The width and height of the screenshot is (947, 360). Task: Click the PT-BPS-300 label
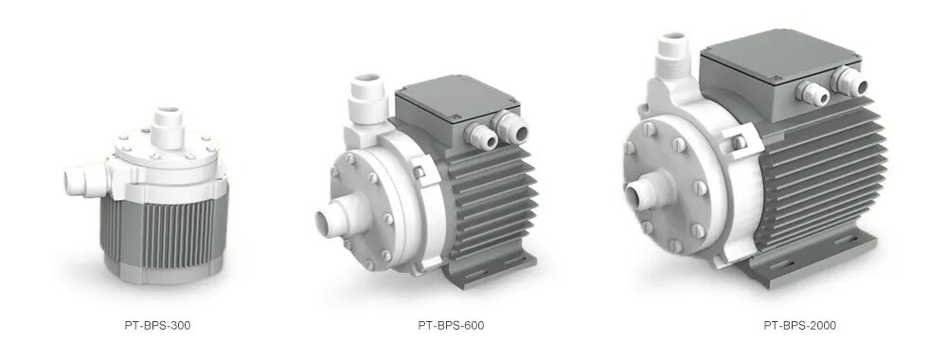[x=157, y=326]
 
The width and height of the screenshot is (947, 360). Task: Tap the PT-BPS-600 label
[x=451, y=326]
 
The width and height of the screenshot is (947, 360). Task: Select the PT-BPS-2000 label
[x=799, y=326]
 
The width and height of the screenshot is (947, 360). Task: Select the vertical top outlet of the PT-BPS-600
[x=366, y=99]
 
